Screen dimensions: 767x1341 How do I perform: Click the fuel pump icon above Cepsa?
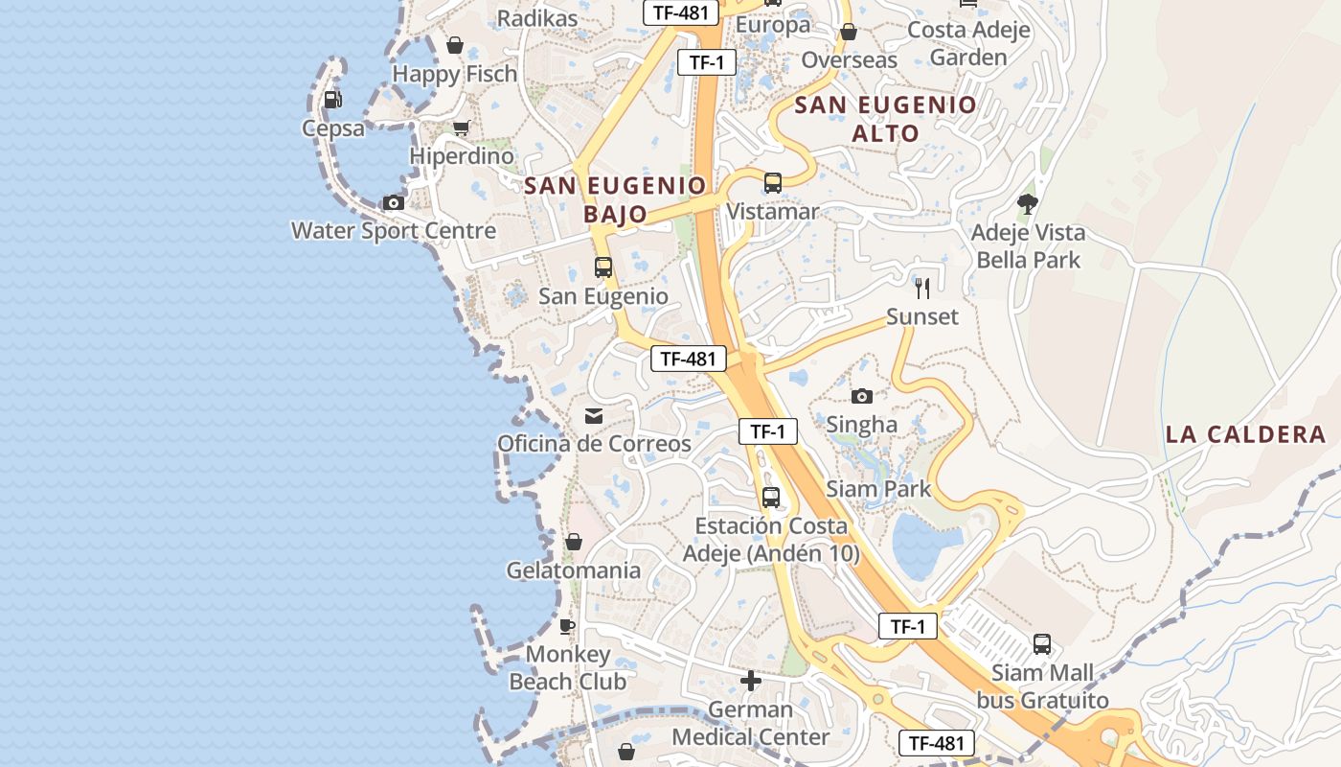(x=332, y=99)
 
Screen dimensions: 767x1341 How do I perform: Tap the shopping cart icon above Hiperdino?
(x=461, y=128)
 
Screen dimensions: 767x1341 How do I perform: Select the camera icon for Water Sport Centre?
(x=393, y=202)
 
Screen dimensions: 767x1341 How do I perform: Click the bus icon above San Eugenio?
(x=602, y=267)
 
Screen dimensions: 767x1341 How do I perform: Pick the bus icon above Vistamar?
(x=772, y=182)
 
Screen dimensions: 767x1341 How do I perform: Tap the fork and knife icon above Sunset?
(x=922, y=288)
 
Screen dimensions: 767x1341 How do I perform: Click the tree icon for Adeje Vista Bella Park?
(x=1028, y=203)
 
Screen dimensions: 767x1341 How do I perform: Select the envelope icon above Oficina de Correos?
(x=594, y=415)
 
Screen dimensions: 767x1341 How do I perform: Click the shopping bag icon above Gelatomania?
(x=573, y=543)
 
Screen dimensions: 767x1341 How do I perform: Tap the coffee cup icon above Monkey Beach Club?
(x=567, y=626)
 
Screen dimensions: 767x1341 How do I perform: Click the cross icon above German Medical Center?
(x=751, y=681)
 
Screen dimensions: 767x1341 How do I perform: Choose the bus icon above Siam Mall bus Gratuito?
(x=1042, y=644)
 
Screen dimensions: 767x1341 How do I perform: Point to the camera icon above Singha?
(x=862, y=396)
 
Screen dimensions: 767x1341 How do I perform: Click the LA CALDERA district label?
(x=1245, y=434)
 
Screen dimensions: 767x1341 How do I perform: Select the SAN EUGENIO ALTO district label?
(x=886, y=119)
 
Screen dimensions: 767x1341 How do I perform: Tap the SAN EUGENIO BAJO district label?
(x=615, y=199)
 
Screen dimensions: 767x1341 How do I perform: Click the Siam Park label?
(x=878, y=489)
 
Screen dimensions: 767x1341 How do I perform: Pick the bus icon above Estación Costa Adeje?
(x=771, y=498)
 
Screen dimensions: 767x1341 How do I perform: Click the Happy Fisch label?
(x=455, y=74)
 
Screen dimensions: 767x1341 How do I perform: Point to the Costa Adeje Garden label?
(x=968, y=43)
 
